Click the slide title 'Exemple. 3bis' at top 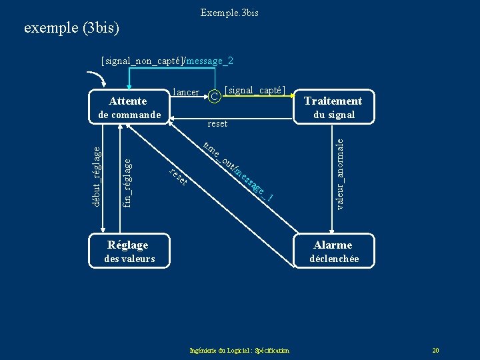coord(229,13)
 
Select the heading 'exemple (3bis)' coord(71,28)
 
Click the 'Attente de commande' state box coord(127,107)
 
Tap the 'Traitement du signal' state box coord(333,107)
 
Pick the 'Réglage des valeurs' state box coord(129,251)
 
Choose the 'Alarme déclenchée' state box coord(333,251)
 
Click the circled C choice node coord(214,97)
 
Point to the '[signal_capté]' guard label coord(255,90)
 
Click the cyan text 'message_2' coord(210,61)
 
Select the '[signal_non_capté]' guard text coord(142,61)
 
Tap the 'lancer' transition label coord(185,92)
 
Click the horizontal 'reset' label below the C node coord(217,123)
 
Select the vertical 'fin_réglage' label coord(127,180)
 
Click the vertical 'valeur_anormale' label coord(339,173)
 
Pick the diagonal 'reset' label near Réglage coord(177,177)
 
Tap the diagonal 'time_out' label coord(217,156)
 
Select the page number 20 coord(435,351)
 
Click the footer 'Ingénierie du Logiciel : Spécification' coord(239,351)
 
